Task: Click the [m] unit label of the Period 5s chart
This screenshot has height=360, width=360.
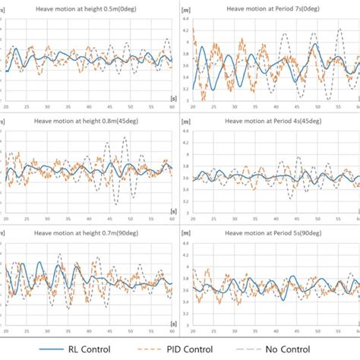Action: (x=187, y=243)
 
